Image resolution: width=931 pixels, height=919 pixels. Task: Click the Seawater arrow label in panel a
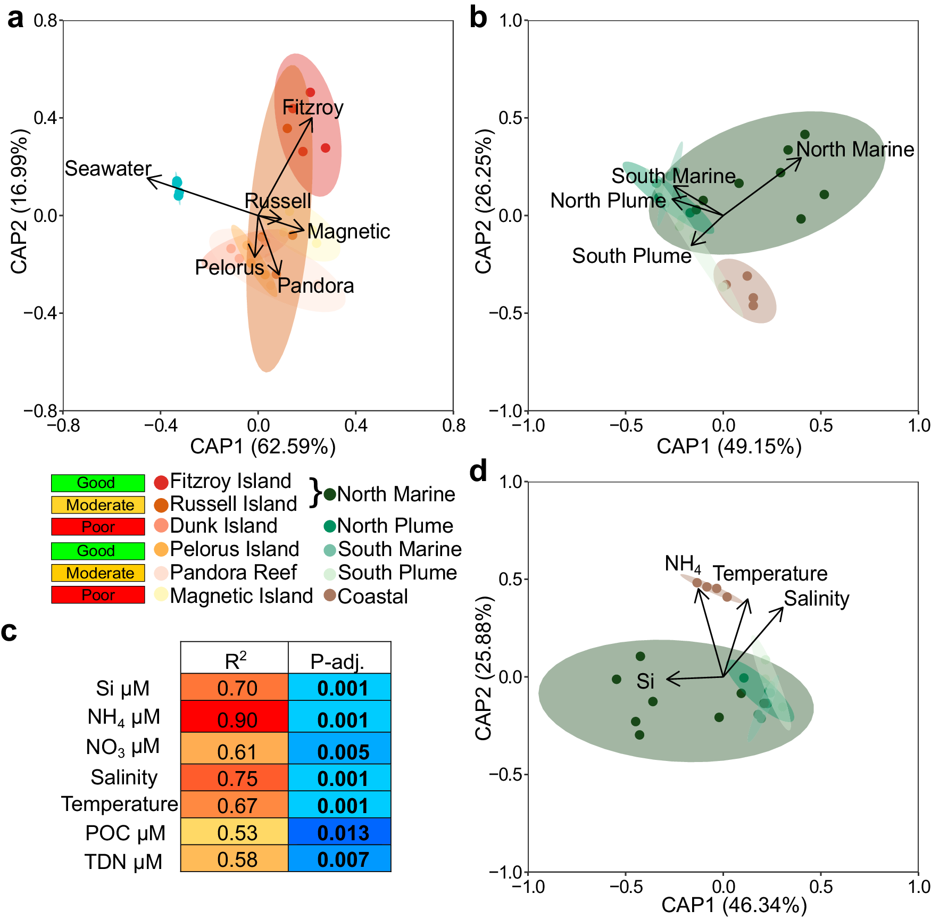[x=108, y=169]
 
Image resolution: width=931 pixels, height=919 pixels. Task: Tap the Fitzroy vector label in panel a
[x=313, y=107]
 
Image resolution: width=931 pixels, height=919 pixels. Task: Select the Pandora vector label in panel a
[x=315, y=286]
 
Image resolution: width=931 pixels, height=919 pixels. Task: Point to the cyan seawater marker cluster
[x=178, y=188]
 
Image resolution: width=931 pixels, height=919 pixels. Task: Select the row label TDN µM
[x=123, y=862]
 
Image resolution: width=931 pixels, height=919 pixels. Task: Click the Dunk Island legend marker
[x=161, y=526]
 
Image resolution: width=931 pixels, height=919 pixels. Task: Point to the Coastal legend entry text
[x=372, y=597]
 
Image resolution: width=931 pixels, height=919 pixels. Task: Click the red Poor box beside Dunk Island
[x=98, y=527]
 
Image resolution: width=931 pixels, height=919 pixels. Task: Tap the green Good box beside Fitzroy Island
[x=98, y=483]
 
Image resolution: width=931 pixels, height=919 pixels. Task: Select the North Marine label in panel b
[x=855, y=150]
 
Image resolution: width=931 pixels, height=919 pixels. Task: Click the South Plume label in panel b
[x=631, y=256]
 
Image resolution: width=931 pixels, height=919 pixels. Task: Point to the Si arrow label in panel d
[x=645, y=681]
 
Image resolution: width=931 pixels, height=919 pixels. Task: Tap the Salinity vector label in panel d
[x=817, y=599]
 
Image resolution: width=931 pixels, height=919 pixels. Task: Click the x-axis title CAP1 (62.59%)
[x=263, y=446]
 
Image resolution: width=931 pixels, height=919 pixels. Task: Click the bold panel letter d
[x=478, y=471]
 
